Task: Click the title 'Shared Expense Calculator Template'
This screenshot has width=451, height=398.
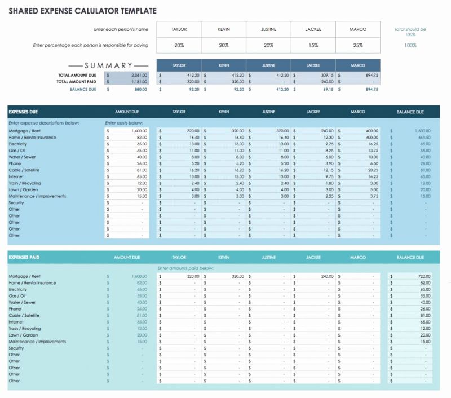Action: pos(82,11)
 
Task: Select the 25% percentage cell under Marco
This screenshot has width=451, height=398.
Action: pos(358,45)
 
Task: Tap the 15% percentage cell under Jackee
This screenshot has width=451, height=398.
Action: pos(313,45)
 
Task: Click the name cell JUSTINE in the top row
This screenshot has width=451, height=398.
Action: pos(268,29)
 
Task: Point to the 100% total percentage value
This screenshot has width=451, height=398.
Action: pos(410,45)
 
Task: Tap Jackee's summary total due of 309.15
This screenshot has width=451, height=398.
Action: pos(327,75)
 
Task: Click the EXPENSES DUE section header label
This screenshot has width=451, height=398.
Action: pos(24,112)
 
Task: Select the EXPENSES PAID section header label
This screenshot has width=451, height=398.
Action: pos(24,257)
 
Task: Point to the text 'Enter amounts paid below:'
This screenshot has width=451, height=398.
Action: pos(185,268)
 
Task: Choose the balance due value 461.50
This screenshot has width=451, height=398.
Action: pos(424,138)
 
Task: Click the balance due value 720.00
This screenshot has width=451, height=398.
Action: pos(424,277)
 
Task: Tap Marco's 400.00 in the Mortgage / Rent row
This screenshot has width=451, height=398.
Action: pos(372,131)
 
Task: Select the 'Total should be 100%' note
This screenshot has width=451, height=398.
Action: pos(410,32)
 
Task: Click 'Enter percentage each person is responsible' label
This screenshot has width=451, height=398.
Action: pos(91,45)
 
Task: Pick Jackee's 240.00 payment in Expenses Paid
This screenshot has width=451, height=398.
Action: pos(327,277)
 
